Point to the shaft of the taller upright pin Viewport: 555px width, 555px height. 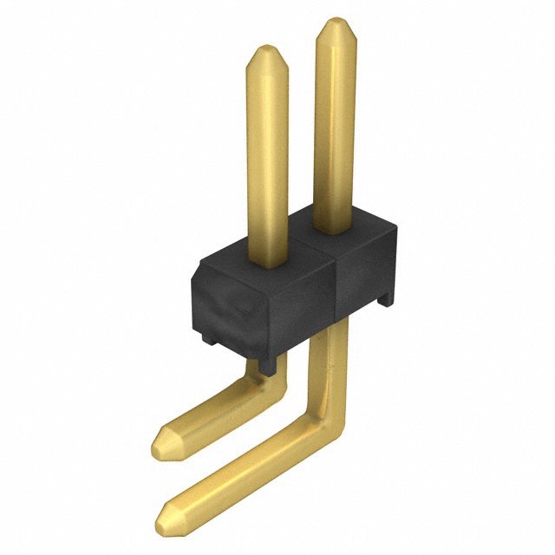pos(335,130)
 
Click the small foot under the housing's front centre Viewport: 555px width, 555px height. pos(270,364)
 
